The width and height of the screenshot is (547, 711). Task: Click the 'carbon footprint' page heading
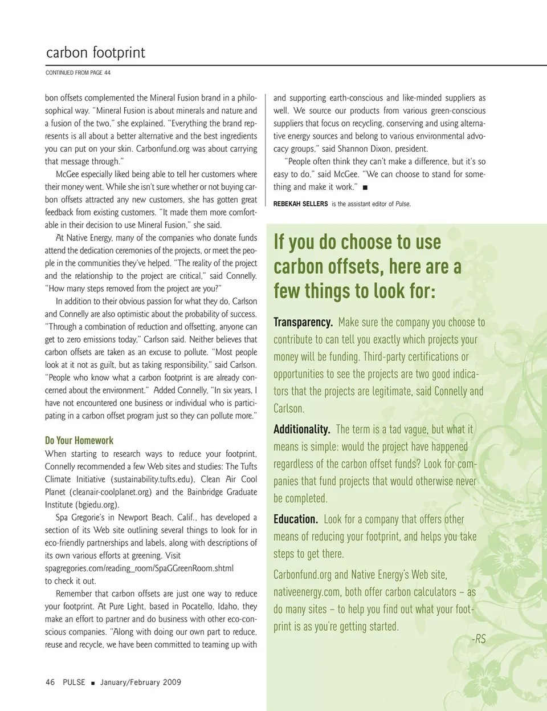(95, 53)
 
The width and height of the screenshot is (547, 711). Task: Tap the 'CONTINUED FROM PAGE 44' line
(78, 73)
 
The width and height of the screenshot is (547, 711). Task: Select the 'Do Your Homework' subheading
(79, 440)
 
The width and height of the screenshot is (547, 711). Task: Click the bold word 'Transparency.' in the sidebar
(303, 322)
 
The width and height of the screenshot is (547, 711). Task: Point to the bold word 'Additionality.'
(302, 429)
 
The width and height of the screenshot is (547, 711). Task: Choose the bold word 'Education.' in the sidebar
(296, 519)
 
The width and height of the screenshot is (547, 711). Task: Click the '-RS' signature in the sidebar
(479, 639)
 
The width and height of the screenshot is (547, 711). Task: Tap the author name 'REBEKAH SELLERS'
(300, 204)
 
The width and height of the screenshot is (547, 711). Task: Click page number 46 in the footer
(50, 682)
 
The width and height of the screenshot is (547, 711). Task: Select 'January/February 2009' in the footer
(141, 682)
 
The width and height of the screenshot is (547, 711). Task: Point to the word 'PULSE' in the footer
(74, 682)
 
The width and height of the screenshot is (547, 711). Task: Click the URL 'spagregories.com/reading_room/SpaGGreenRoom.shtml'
(139, 568)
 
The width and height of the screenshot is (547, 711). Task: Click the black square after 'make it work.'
(365, 188)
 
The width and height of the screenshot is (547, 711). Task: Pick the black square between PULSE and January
(93, 682)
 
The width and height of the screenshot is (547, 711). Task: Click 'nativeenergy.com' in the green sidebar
(307, 592)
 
